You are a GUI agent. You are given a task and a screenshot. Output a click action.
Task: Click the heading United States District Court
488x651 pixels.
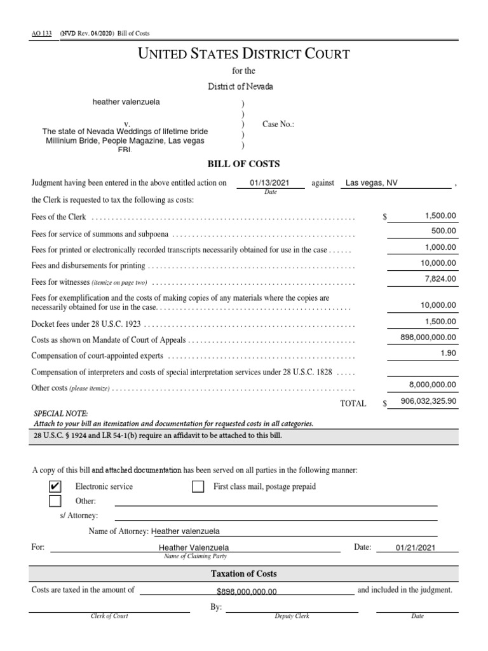[x=244, y=54]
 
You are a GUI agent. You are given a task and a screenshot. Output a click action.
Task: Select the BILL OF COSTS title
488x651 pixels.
[x=244, y=164]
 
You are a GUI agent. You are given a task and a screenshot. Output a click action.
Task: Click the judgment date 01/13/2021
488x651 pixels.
[x=269, y=183]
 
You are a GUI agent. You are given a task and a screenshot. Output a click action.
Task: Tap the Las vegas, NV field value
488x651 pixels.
[x=372, y=183]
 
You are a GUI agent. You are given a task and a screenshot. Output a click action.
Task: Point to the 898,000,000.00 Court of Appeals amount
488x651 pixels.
[x=425, y=338]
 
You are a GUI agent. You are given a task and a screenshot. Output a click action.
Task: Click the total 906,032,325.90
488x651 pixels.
[x=428, y=402]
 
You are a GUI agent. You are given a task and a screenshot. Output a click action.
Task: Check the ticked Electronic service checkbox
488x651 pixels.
[x=55, y=487]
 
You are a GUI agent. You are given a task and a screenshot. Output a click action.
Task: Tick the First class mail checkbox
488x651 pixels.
[x=198, y=487]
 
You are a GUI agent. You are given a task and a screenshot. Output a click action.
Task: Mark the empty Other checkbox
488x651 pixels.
[x=55, y=502]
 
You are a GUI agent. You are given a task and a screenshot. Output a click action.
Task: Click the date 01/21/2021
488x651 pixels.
[x=415, y=547]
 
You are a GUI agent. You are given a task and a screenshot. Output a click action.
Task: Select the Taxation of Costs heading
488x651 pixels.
[x=244, y=573]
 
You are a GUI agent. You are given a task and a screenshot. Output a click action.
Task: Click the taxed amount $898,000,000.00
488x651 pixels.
[x=247, y=591]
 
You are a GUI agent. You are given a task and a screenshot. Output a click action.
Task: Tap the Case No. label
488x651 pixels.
[x=278, y=125]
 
